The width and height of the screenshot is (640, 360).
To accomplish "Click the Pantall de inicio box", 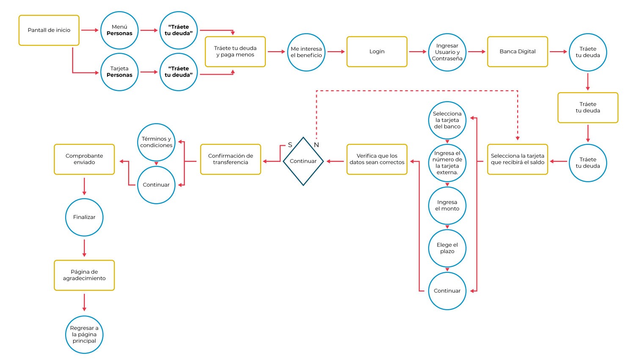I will (49, 30).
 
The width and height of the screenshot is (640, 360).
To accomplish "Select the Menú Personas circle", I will (119, 30).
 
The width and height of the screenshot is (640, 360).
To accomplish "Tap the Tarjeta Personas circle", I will (119, 72).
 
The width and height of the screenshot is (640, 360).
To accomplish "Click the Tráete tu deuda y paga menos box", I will (235, 52).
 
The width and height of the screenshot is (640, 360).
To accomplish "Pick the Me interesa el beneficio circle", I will (306, 52).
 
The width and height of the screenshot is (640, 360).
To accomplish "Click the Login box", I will (377, 52).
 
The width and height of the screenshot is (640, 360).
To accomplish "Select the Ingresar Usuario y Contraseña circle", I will (447, 52).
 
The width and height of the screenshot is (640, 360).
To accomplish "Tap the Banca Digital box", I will (517, 52).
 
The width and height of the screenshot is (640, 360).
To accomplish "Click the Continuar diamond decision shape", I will (303, 161).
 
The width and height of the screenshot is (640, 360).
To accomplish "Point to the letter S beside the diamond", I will (290, 145).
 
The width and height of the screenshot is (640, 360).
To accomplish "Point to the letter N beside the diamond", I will (316, 145).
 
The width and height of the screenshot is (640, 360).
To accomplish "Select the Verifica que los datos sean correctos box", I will (377, 159).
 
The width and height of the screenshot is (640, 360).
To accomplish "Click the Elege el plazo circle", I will (447, 248).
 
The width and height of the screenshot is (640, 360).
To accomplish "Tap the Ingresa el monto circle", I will (447, 206).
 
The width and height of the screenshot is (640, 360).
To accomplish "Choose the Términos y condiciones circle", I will (156, 142).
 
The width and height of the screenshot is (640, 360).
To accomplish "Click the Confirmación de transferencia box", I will (230, 159).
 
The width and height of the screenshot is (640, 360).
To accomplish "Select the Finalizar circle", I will (84, 217).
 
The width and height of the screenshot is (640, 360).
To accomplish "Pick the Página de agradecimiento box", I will (84, 275).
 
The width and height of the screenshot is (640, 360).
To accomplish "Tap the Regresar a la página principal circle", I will (84, 335).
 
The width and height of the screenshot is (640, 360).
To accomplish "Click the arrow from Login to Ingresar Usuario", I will (417, 52).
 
